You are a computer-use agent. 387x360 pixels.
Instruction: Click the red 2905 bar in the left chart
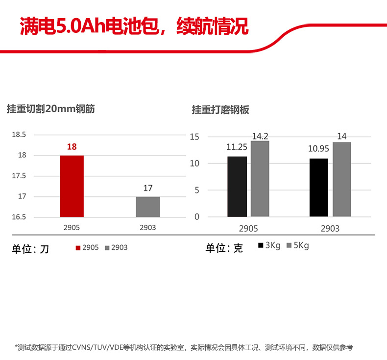tap(72, 186)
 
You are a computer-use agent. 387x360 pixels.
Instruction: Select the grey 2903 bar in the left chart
tap(148, 207)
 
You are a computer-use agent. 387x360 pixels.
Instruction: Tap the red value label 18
tap(72, 146)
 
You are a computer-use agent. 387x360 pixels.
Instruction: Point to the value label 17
tap(148, 188)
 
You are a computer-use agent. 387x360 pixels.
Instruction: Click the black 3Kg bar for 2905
tap(237, 187)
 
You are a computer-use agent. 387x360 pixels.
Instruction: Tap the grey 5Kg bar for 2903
tap(342, 179)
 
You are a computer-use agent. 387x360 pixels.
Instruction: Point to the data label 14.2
tap(260, 137)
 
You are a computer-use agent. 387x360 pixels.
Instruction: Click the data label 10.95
tap(318, 148)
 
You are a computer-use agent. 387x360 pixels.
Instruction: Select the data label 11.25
tap(237, 146)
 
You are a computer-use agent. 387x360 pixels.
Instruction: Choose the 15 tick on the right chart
tap(194, 137)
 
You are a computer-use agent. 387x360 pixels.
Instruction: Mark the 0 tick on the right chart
tap(197, 216)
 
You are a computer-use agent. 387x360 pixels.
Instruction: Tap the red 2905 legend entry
tap(87, 248)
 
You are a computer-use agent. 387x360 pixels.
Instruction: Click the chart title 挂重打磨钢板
tap(220, 110)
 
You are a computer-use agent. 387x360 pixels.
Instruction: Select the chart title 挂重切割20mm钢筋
tap(50, 109)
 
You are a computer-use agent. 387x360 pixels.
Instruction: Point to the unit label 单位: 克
tap(224, 248)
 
